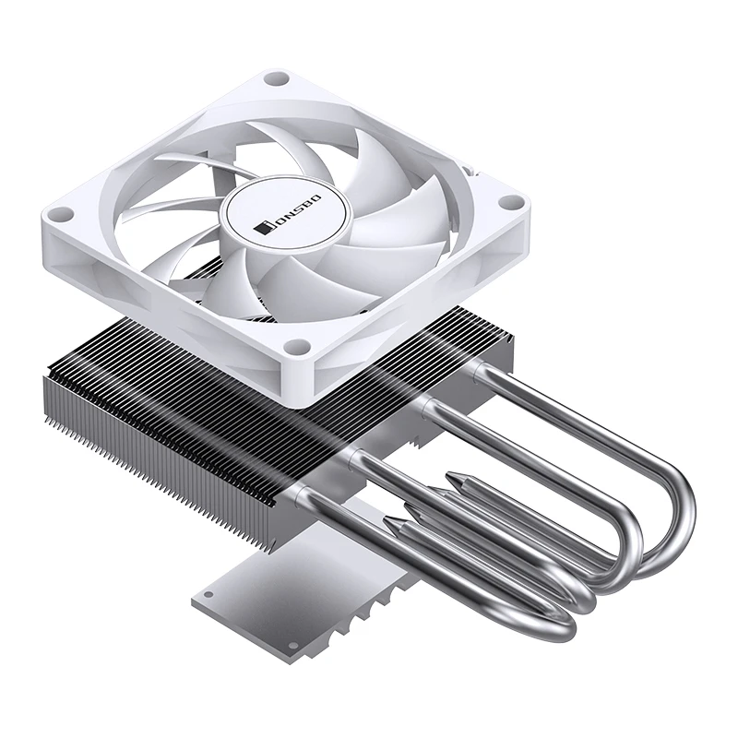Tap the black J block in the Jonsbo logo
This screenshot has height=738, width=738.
coord(263,228)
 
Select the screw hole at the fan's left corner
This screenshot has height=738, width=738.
coord(61,216)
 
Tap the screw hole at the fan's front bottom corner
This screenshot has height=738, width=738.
coord(295,349)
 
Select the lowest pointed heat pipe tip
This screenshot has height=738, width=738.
coord(395,524)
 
